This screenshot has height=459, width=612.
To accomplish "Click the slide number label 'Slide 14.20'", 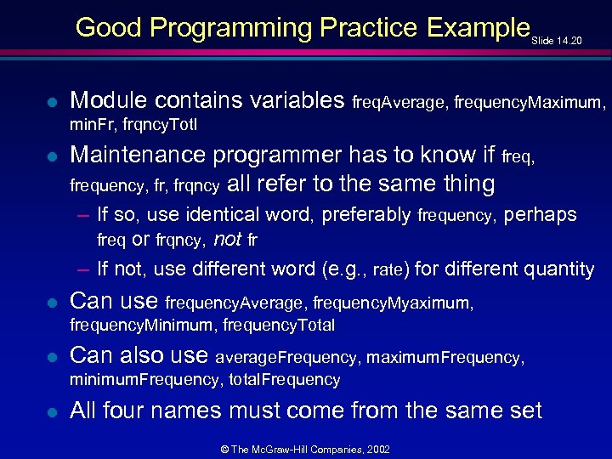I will [x=558, y=39].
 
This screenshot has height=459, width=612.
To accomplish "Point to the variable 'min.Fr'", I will [x=92, y=126].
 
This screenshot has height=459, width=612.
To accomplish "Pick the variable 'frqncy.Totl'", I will [x=162, y=126].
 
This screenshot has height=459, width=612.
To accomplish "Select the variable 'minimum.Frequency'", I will [x=144, y=380].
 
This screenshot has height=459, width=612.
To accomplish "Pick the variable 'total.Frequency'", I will [x=285, y=380].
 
